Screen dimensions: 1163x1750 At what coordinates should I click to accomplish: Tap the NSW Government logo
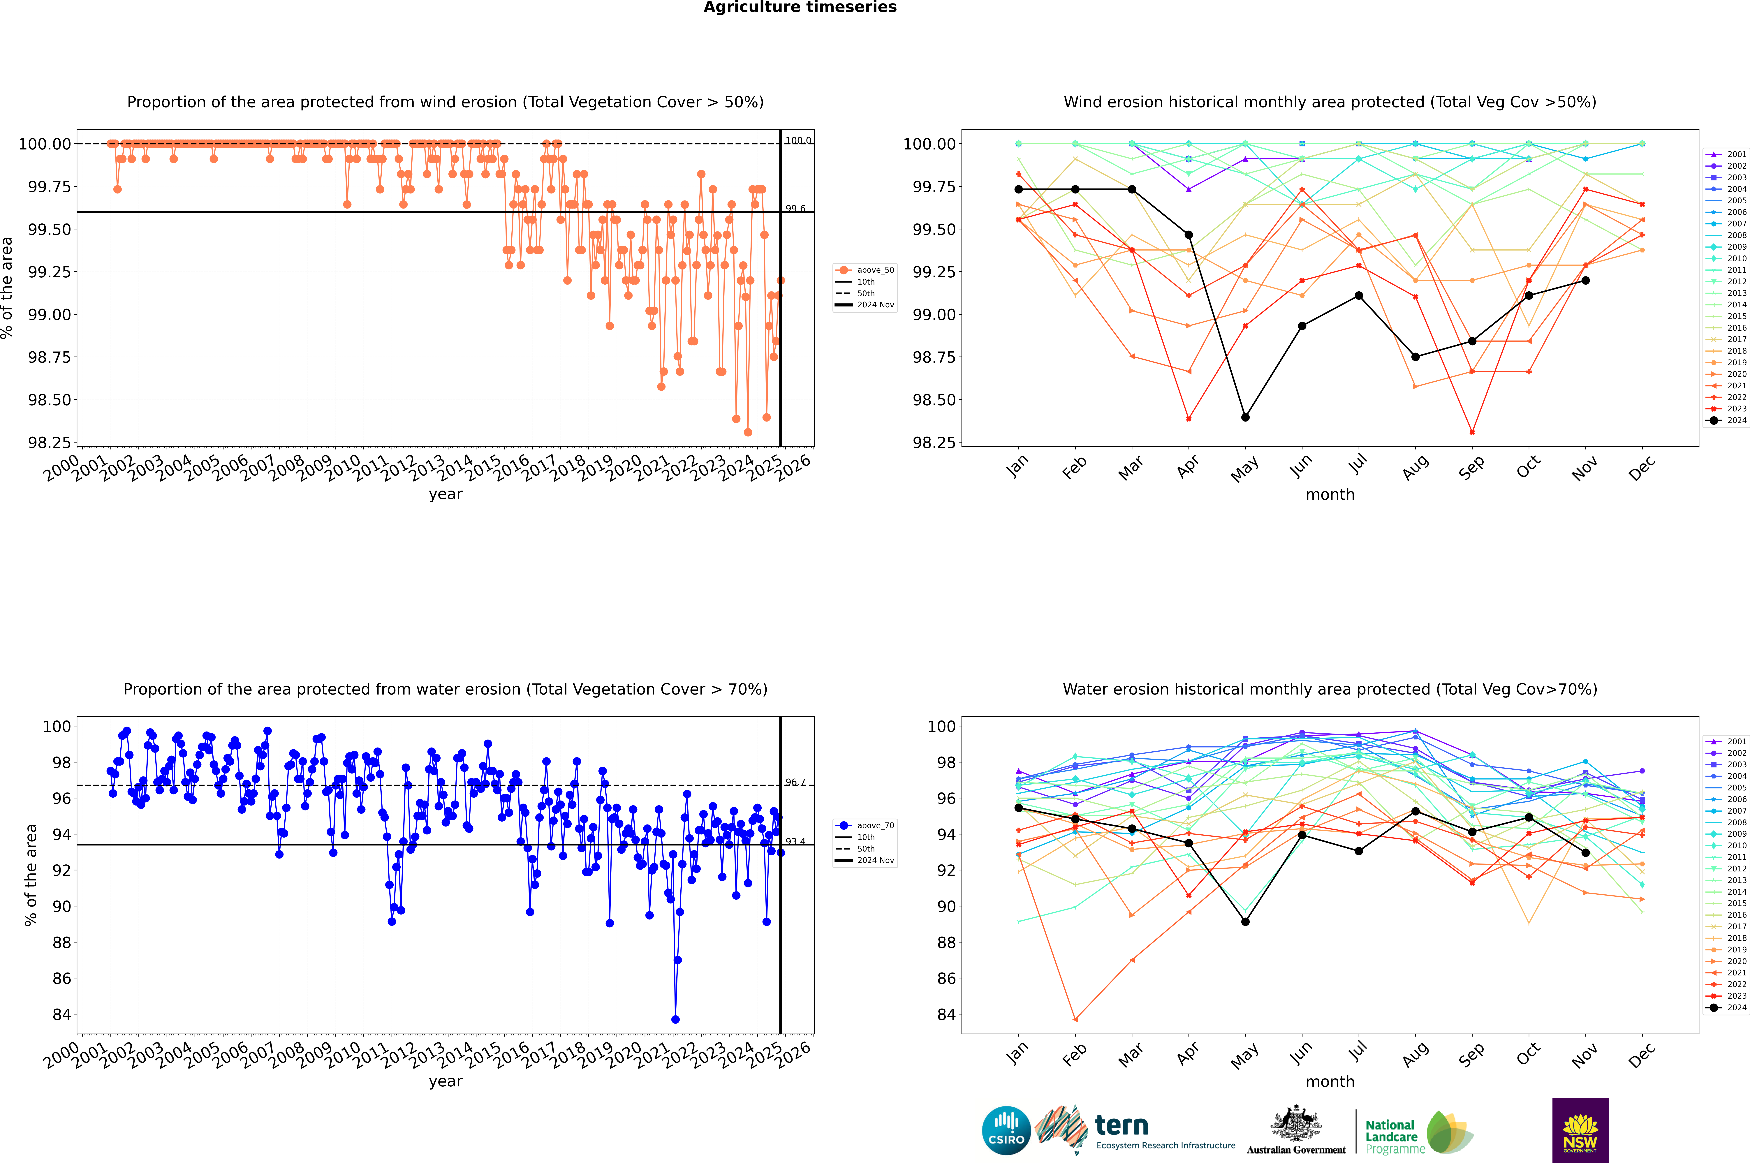pyautogui.click(x=1580, y=1130)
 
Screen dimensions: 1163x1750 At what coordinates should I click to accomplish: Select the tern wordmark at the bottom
pyautogui.click(x=1122, y=1126)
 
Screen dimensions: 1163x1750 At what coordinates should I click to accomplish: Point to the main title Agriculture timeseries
pyautogui.click(x=800, y=7)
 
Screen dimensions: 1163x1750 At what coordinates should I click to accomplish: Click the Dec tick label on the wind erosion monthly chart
pyautogui.click(x=1641, y=469)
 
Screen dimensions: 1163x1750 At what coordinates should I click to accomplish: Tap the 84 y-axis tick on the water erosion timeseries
pyautogui.click(x=61, y=1015)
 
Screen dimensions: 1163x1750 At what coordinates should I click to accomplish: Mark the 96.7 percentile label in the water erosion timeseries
pyautogui.click(x=795, y=783)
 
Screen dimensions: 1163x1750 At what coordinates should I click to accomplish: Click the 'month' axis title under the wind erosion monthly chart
pyautogui.click(x=1329, y=495)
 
